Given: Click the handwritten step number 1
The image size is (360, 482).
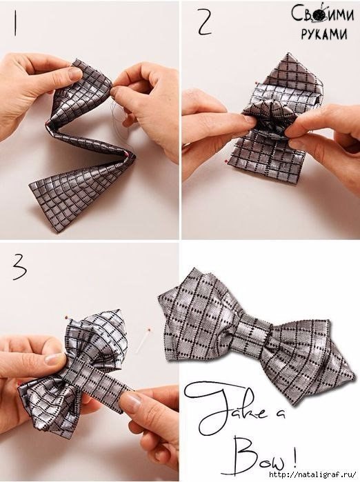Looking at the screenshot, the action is tap(14, 23).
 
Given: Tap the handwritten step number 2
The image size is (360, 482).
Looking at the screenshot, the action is tap(205, 21).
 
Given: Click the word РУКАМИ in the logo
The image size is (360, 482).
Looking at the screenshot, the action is tap(324, 34).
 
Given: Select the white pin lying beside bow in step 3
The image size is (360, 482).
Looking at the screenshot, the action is tap(144, 340).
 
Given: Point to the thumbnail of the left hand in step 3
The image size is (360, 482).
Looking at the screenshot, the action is tap(54, 359).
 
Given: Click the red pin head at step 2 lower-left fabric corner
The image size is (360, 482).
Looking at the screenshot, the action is tap(226, 161).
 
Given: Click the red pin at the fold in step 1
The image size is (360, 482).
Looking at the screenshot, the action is tap(126, 154).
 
